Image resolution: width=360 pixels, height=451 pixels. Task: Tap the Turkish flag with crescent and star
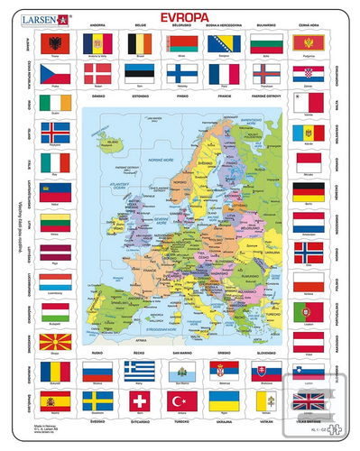click(x=180, y=400)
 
